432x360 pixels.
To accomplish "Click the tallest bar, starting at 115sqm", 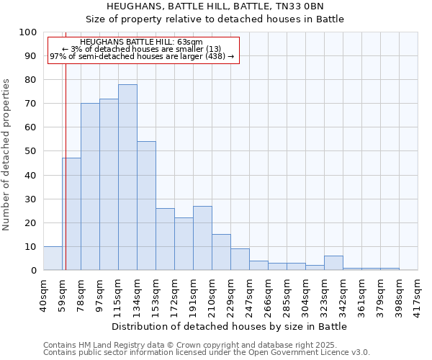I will [127, 177].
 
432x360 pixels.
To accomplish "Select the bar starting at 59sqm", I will [71, 214].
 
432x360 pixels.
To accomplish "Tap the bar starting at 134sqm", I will [146, 206].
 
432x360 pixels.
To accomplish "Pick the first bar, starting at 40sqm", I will [53, 258].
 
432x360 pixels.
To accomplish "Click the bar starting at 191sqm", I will [202, 238].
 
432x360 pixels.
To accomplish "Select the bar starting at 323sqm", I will [333, 263].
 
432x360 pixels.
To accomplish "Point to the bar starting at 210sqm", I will [221, 252].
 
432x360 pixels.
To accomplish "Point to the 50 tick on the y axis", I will [31, 151].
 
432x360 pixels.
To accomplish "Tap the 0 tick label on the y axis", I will [34, 270].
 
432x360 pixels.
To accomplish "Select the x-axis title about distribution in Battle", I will [230, 326].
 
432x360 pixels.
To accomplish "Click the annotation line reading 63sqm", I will [142, 42].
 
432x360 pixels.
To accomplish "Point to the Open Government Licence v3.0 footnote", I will [207, 353].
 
